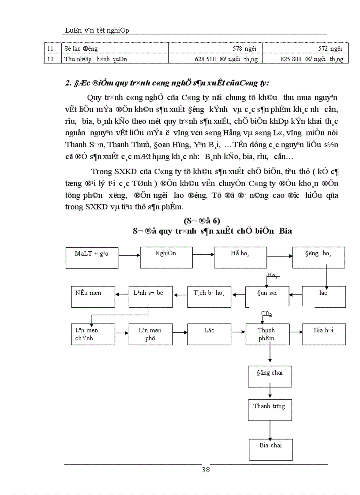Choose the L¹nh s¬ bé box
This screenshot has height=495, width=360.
tap(149, 297)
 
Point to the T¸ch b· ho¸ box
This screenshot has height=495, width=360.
tap(209, 297)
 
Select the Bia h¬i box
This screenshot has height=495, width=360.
tap(323, 334)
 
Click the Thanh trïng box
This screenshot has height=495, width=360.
tap(269, 409)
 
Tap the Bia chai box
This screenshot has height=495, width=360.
tap(270, 449)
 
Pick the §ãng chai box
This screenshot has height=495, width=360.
tap(269, 376)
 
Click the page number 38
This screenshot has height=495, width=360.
tap(205, 469)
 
